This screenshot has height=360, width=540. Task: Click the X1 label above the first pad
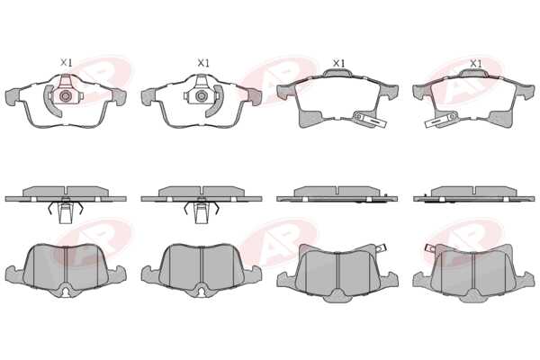click(66, 63)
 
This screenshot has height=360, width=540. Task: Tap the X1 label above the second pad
click(203, 63)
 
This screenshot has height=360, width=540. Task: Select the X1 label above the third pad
click(338, 63)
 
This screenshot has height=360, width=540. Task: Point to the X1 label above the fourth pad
click(475, 63)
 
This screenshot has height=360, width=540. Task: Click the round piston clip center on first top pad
click(65, 96)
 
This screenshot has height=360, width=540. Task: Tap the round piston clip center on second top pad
click(201, 96)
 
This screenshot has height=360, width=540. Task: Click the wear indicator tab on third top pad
click(370, 119)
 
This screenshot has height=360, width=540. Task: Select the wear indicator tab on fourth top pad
click(440, 121)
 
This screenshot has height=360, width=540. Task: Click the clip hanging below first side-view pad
click(66, 211)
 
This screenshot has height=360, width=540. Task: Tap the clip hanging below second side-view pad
click(202, 211)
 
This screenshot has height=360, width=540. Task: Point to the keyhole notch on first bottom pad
click(66, 292)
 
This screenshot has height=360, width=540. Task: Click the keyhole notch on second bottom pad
click(202, 292)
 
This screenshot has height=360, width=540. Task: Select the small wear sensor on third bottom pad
click(381, 247)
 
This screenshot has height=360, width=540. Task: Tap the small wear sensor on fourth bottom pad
click(431, 247)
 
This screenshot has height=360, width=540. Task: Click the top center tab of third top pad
click(337, 72)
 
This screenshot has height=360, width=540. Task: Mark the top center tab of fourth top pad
click(473, 72)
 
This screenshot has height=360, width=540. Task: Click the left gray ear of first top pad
click(13, 95)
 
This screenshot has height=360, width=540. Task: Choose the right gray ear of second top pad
click(254, 96)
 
